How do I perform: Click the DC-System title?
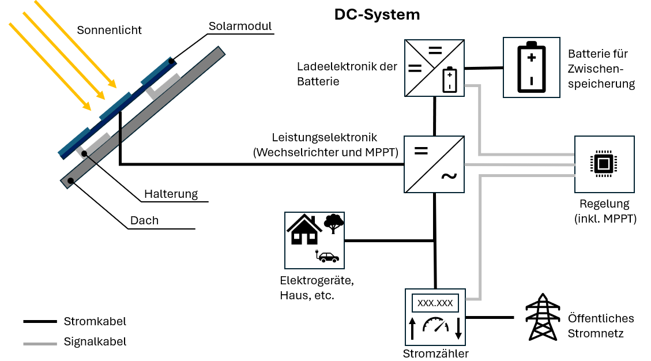pos(377,15)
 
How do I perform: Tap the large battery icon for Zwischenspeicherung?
pos(531,67)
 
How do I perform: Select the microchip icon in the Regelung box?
pos(604,164)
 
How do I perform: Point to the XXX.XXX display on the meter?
pos(435,303)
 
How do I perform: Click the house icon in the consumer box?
pos(304,230)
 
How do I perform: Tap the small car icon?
pos(329,257)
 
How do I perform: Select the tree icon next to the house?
pos(333,223)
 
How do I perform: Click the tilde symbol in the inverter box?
pos(449,176)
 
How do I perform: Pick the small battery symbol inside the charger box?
pos(450,80)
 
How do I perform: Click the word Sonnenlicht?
pos(109,30)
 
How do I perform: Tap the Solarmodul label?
pos(240,27)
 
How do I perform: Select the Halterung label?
pos(171,194)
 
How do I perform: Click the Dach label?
pos(144,220)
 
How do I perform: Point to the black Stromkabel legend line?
pos(40,321)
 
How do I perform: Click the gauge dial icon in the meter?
pos(435,326)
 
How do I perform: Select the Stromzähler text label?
pos(435,354)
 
